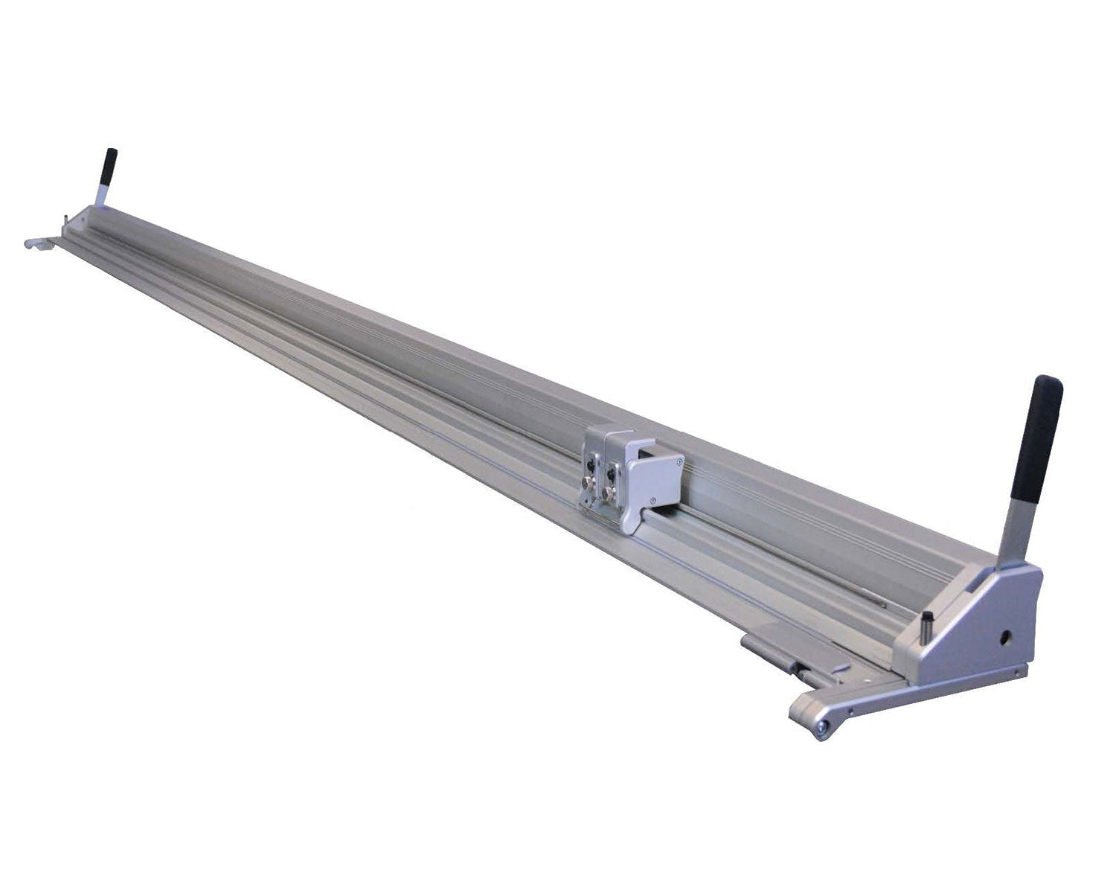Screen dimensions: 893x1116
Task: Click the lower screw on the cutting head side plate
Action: (652, 499)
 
